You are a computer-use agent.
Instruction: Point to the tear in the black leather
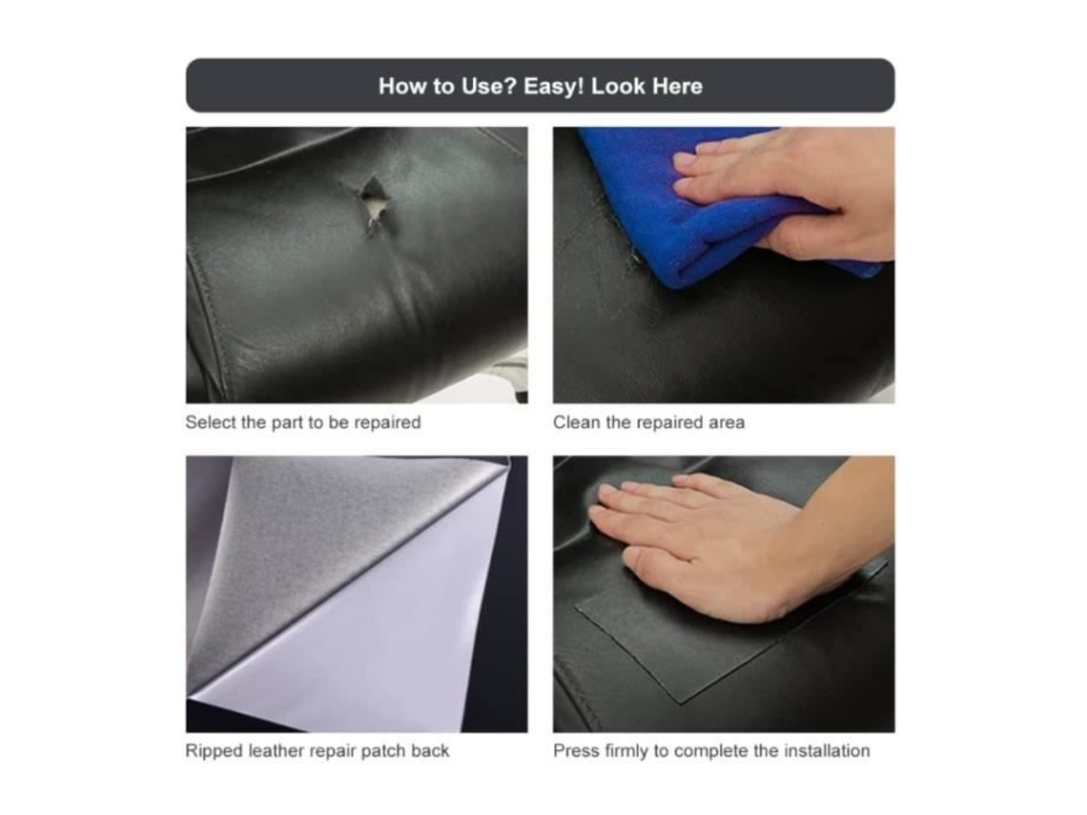373,202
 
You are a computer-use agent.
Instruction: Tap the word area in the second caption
727,422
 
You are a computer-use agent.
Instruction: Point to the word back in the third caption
430,750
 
